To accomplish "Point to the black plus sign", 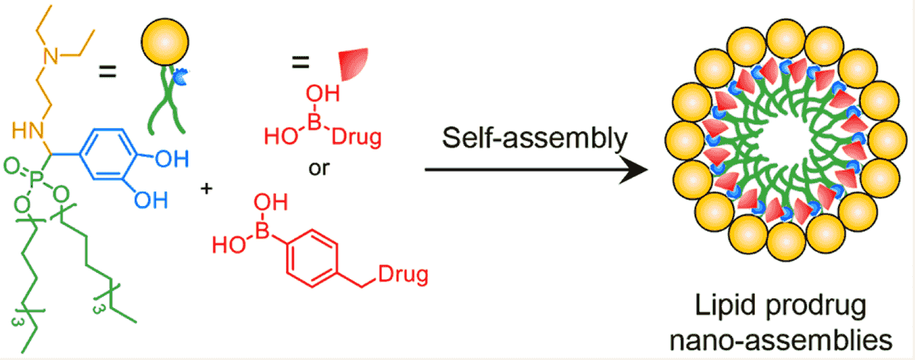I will pos(206,188).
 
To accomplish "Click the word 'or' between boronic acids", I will pos(319,167).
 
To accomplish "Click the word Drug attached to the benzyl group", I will pos(401,272).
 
